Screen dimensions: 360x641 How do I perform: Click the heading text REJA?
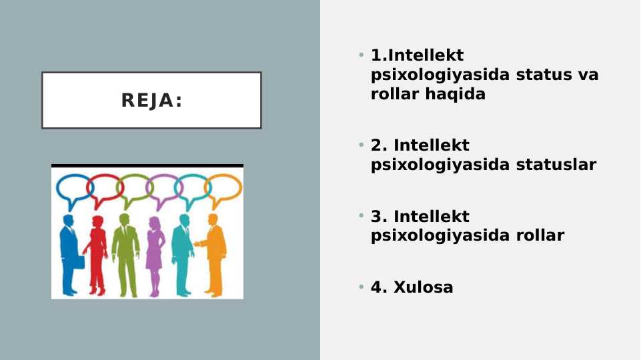[151, 101]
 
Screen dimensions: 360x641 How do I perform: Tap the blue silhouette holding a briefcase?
[68, 253]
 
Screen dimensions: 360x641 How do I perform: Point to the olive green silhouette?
[125, 253]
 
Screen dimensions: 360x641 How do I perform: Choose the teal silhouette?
[181, 253]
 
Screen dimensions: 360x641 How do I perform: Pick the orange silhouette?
[213, 253]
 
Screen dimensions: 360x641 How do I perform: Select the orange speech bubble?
[224, 187]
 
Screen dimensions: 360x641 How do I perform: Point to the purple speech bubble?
[162, 187]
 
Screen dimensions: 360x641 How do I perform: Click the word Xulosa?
[424, 287]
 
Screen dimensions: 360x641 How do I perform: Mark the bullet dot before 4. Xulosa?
[361, 287]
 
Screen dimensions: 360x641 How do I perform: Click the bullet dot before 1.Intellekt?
[361, 55]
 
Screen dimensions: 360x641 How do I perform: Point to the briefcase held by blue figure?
[79, 261]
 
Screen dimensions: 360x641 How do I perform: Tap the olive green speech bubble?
[133, 187]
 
